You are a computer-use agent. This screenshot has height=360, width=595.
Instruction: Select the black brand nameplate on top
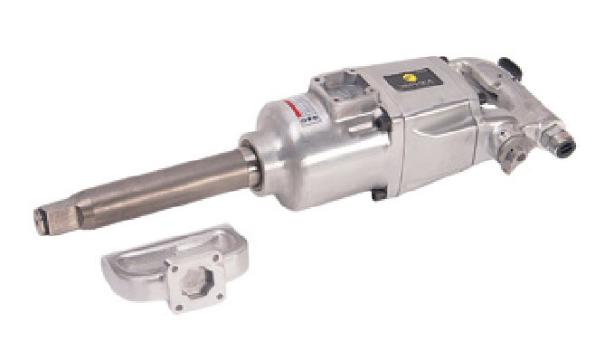coord(414,79)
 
